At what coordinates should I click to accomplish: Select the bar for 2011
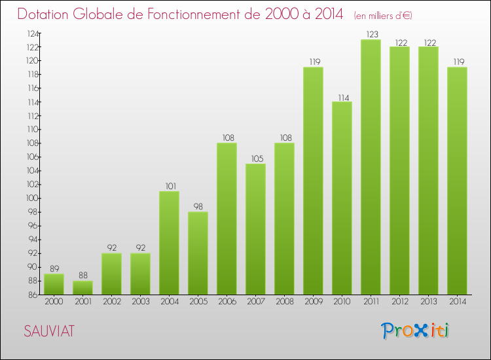point(371,167)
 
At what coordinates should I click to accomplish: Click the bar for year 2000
point(54,284)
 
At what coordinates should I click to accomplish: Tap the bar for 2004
point(169,243)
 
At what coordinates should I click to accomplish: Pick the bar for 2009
point(313,181)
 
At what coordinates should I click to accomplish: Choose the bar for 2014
point(457,181)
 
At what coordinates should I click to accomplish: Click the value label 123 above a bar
point(371,34)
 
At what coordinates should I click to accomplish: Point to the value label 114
point(342,97)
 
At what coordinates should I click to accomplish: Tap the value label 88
point(82,276)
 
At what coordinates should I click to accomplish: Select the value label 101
point(169,186)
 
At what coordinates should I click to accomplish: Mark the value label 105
point(255,158)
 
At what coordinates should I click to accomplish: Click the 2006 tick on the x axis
point(227,301)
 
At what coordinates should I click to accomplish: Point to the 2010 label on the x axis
point(342,301)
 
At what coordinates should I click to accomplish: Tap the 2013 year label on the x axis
point(428,301)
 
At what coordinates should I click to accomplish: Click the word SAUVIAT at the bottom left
point(48,332)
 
